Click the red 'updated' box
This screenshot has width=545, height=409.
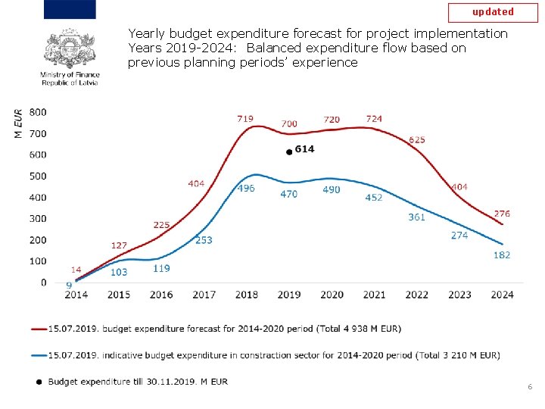[493, 12]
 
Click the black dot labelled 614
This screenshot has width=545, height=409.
[288, 152]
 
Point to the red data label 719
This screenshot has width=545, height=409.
[245, 119]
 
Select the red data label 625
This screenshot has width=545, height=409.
[416, 140]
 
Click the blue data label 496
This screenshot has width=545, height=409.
[246, 189]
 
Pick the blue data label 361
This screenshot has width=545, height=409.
[416, 217]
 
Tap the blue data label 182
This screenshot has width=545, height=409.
[502, 255]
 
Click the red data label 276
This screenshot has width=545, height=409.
[502, 214]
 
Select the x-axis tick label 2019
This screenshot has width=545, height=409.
[289, 295]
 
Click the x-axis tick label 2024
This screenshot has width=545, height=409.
[502, 295]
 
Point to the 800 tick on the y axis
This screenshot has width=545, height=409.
[38, 112]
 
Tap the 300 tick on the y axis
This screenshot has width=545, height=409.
[38, 219]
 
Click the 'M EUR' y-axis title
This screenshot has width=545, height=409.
[18, 123]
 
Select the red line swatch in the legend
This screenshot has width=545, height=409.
[39, 329]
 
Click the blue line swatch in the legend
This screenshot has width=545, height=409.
[39, 354]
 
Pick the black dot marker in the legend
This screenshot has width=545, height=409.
[39, 382]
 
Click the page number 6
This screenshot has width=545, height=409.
[530, 387]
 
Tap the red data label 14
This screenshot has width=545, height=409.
[76, 270]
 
